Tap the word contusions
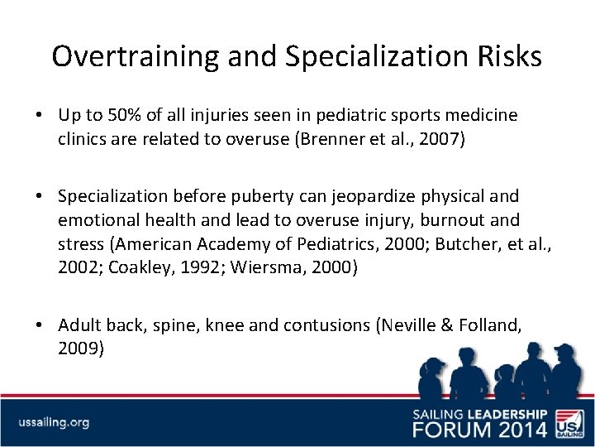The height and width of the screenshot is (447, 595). tap(327, 325)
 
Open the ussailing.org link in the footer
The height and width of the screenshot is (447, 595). tap(54, 422)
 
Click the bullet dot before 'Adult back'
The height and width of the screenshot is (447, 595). tap(47, 325)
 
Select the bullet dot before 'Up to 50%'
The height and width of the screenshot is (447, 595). tap(47, 115)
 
